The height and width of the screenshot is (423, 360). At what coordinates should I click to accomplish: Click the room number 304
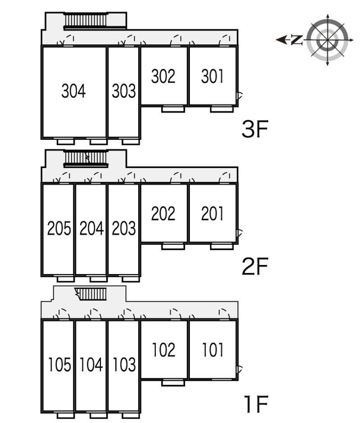click(73, 91)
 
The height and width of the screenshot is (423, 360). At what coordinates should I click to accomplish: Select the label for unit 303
click(124, 91)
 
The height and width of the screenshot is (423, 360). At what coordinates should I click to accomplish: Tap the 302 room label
click(163, 76)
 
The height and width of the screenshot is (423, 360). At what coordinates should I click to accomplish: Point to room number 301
click(212, 76)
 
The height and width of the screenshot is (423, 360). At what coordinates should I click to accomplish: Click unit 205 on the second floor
click(59, 229)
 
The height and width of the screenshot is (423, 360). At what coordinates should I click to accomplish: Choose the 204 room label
click(91, 229)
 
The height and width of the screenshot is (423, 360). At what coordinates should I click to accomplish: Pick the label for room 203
click(124, 229)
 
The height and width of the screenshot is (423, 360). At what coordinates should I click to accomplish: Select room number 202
click(163, 214)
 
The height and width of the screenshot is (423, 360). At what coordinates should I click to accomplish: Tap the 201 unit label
click(212, 214)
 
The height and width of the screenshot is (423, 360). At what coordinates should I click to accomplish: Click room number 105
click(59, 364)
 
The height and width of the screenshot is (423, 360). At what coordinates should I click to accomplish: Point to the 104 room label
click(91, 364)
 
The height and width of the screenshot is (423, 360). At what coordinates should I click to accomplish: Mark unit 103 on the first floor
click(124, 364)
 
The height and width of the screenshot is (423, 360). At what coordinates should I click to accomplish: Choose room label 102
click(163, 350)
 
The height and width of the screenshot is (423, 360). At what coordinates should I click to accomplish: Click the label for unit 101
click(212, 350)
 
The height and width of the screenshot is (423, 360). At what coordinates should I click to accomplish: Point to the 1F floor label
click(255, 404)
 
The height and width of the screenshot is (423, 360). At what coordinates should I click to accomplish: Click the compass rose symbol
click(327, 40)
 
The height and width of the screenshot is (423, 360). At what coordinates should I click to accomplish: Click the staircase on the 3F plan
click(85, 21)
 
